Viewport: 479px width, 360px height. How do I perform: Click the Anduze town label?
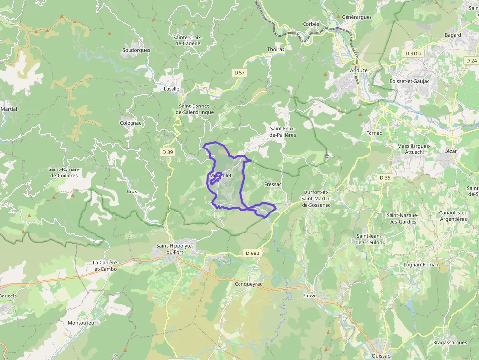click(359, 70)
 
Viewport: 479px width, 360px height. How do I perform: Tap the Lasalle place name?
click(172, 89)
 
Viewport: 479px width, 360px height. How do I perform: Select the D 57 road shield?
click(239, 72)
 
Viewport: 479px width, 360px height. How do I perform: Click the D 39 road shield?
click(167, 152)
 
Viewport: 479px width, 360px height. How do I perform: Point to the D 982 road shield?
click(252, 253)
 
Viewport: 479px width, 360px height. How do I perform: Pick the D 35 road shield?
click(385, 178)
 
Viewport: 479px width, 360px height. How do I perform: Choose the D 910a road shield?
click(413, 53)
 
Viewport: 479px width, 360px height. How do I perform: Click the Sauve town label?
click(310, 296)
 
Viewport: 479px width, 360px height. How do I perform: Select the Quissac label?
click(381, 356)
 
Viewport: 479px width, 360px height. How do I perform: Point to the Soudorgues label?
click(136, 50)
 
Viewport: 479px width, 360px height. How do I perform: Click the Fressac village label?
click(273, 184)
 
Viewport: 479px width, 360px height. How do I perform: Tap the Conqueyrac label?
click(249, 284)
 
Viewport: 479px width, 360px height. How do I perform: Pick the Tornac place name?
click(374, 133)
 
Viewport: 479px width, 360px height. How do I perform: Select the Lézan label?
click(451, 151)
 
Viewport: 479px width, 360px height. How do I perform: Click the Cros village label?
click(132, 191)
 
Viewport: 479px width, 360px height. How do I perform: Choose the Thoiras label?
click(276, 49)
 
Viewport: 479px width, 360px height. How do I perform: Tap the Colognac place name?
click(131, 123)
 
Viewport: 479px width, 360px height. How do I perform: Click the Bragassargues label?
click(450, 342)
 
